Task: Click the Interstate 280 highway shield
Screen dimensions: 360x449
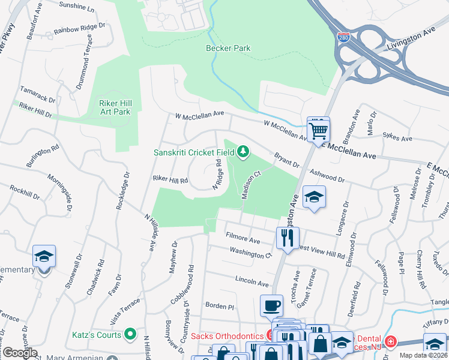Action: (x=342, y=38)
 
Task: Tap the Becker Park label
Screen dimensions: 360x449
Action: (x=228, y=48)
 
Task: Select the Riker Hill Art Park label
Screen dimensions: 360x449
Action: (x=115, y=107)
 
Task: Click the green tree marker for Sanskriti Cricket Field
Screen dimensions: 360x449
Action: (x=243, y=152)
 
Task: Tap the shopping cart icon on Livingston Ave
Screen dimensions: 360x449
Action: (x=318, y=128)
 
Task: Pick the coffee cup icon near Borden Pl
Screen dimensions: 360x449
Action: (x=271, y=305)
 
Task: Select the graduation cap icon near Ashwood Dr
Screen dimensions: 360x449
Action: (x=314, y=197)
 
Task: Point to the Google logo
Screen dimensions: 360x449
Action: (x=20, y=353)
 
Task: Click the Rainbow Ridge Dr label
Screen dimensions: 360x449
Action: (x=79, y=28)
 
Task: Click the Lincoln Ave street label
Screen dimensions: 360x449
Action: (x=252, y=281)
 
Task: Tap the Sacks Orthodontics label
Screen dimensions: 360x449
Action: (x=228, y=335)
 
